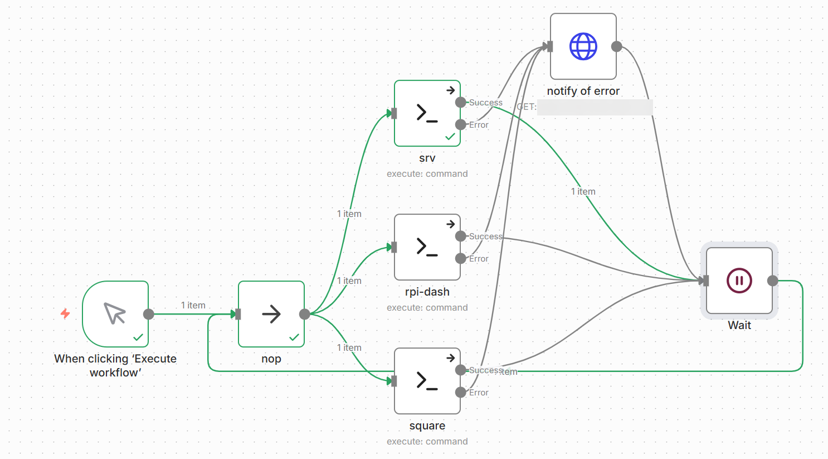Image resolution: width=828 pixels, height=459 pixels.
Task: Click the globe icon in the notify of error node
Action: click(x=583, y=46)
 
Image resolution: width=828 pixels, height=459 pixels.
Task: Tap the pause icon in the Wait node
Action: click(x=739, y=281)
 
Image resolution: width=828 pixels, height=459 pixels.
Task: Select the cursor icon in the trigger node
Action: click(x=115, y=313)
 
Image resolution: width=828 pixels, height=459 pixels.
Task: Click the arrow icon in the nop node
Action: click(x=271, y=314)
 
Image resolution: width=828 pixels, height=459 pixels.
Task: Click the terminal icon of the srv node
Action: click(x=427, y=113)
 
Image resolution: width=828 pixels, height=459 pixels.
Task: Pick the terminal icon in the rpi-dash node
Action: click(x=427, y=247)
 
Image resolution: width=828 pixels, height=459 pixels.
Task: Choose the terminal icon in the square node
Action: click(x=427, y=381)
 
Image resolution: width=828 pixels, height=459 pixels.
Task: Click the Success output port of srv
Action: click(x=461, y=102)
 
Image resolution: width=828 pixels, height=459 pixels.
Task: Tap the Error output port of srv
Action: click(x=461, y=124)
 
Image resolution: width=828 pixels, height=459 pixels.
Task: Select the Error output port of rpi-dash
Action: click(x=461, y=258)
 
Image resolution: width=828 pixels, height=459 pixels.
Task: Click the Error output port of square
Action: click(x=461, y=392)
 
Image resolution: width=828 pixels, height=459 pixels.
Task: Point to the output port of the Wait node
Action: click(x=772, y=281)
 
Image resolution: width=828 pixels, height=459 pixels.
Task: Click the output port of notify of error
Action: click(x=616, y=46)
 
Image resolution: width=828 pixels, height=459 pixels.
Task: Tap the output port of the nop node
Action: click(x=304, y=314)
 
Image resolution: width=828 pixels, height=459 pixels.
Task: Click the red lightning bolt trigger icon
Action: click(x=65, y=313)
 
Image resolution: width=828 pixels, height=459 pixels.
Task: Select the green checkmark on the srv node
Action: click(x=450, y=137)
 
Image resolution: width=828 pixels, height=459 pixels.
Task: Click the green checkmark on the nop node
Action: click(x=294, y=337)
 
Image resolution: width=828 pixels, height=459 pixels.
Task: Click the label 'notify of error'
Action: click(x=583, y=91)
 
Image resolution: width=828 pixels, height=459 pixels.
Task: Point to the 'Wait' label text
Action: click(x=739, y=325)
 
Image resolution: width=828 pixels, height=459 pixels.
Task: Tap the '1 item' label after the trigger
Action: click(x=193, y=305)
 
